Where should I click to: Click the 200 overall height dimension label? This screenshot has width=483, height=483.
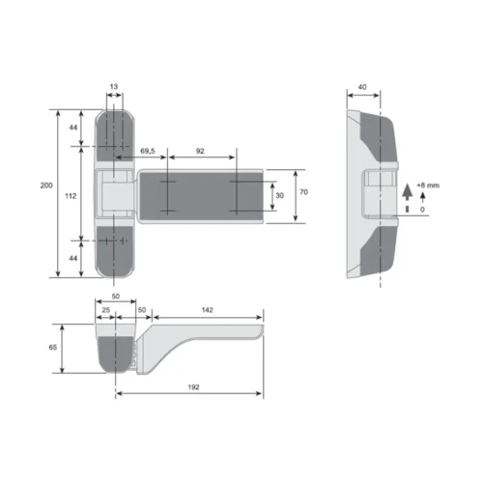46,185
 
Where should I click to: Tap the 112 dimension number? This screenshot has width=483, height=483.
71,196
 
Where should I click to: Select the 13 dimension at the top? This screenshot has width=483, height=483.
114,87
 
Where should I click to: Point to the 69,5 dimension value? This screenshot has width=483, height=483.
148,151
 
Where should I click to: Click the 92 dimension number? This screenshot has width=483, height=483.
200,151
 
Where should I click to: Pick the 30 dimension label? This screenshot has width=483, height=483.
279,195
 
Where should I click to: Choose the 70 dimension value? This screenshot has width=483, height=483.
303,192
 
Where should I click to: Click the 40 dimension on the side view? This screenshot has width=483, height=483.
362,87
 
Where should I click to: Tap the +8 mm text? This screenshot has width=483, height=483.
428,185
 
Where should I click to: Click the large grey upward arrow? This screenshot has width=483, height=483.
408,192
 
